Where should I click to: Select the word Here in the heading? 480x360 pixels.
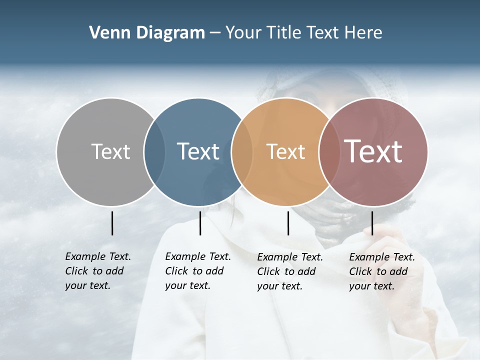[x=363, y=33]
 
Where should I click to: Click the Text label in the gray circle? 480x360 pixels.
[x=110, y=151]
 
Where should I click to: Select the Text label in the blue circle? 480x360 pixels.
[x=198, y=151]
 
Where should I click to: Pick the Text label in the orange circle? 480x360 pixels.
[x=285, y=151]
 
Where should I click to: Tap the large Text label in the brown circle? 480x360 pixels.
[x=373, y=151]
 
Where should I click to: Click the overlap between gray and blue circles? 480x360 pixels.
[x=154, y=151]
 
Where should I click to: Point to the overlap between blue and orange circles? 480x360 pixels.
[x=242, y=151]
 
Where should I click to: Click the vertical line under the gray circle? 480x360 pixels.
[x=112, y=223]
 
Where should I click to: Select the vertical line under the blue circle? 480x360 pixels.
[x=200, y=223]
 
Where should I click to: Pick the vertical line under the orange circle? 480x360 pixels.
[x=288, y=223]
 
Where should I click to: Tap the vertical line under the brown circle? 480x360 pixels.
[x=372, y=223]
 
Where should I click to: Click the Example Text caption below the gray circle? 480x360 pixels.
[x=97, y=271]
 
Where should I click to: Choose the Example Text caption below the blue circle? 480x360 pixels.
[x=197, y=271]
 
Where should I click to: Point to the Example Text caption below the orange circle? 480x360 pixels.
[x=289, y=271]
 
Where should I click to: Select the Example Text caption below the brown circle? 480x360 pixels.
[x=381, y=271]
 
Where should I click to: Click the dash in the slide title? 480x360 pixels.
[x=215, y=33]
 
